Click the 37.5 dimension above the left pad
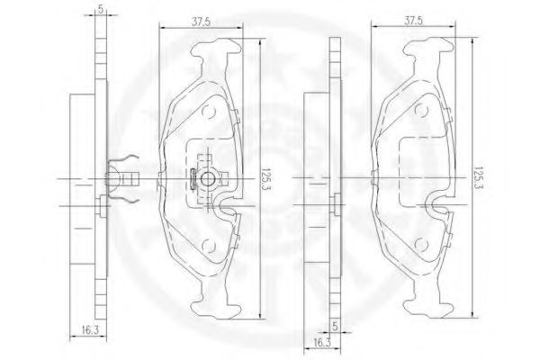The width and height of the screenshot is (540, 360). tap(201, 22)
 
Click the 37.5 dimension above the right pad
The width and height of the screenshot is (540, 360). tap(413, 21)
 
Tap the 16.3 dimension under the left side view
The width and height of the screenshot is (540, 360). tap(90, 330)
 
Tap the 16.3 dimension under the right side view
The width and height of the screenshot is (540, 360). tap(322, 343)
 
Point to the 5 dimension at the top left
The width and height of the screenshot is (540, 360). tap(100, 9)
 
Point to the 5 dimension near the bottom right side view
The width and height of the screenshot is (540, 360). tap(335, 326)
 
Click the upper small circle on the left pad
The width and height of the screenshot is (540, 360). tap(209, 112)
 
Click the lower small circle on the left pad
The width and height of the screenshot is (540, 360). tap(209, 246)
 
